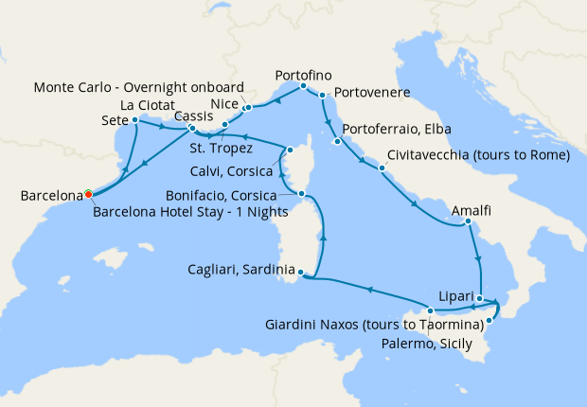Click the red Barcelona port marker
[x=88, y=194]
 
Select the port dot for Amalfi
[x=469, y=223]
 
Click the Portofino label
[x=302, y=74]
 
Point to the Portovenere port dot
[x=323, y=96]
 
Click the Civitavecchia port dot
[x=382, y=169]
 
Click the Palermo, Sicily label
[x=424, y=343]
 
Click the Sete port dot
[x=135, y=120]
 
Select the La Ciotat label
[x=146, y=104]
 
